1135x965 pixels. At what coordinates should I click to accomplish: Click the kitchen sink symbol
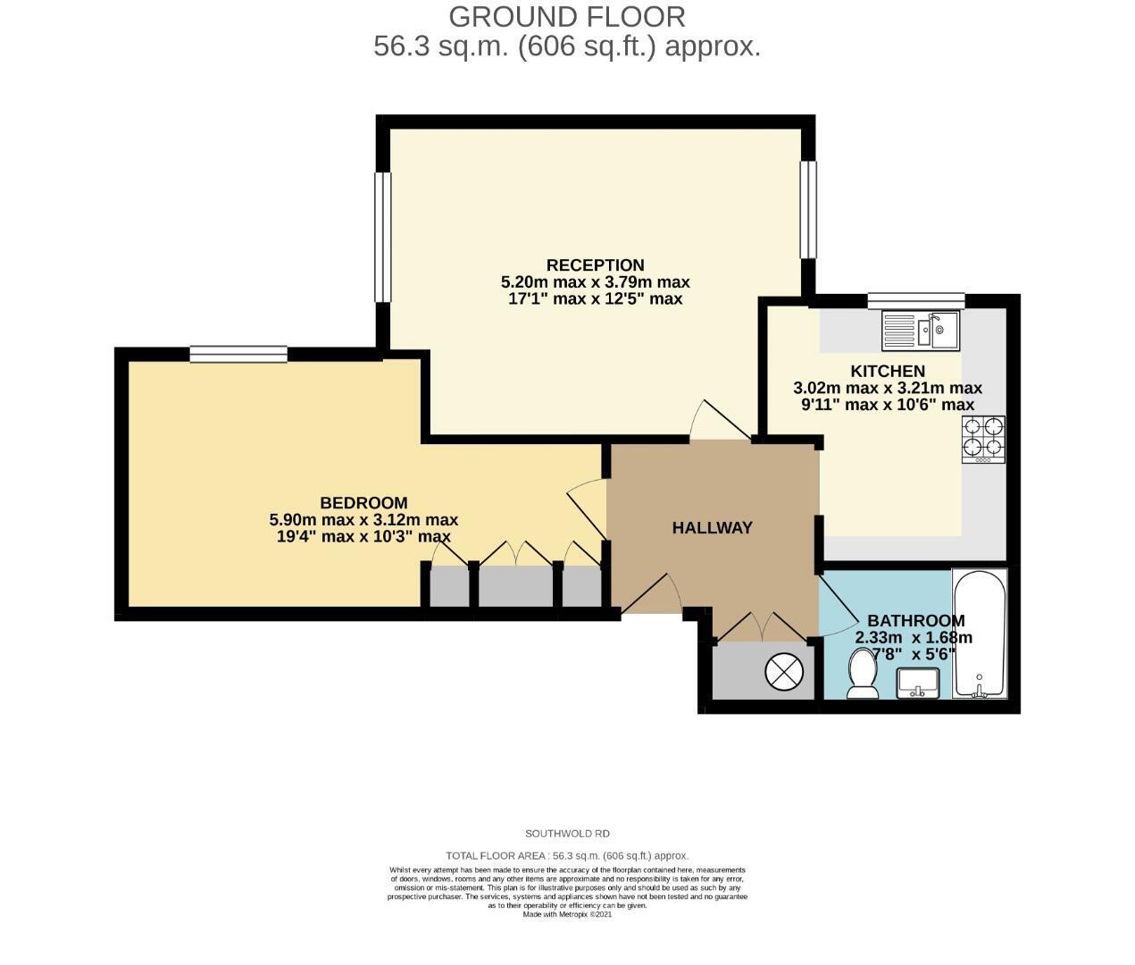(921, 331)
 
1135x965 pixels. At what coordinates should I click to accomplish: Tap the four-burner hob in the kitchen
(983, 439)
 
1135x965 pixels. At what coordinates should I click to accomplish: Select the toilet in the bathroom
(863, 674)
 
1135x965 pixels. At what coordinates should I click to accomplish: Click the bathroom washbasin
(918, 683)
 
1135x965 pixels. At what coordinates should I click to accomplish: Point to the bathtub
(981, 634)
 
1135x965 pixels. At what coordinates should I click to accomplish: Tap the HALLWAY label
(713, 527)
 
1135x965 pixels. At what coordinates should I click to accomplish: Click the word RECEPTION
(596, 264)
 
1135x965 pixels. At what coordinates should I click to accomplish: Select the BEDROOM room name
(363, 503)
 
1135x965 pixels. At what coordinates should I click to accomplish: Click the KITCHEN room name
(888, 371)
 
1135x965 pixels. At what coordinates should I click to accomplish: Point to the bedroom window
(238, 354)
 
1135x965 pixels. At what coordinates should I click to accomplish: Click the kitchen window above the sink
(916, 300)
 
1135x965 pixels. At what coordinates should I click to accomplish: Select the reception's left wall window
(383, 238)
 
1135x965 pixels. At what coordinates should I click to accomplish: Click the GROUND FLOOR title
(567, 18)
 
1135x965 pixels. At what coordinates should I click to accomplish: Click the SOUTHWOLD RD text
(567, 834)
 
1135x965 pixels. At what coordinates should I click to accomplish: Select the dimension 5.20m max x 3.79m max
(596, 282)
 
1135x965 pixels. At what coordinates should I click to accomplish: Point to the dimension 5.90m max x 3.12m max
(363, 519)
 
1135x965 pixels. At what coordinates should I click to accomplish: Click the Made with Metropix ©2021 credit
(567, 915)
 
